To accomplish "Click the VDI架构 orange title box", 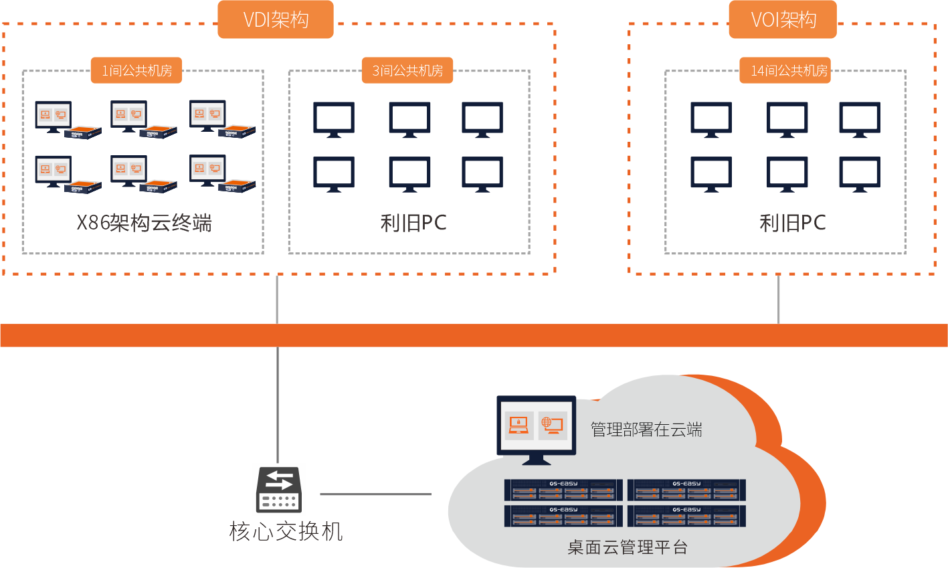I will pyautogui.click(x=276, y=19).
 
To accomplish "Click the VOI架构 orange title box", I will pyautogui.click(x=783, y=19).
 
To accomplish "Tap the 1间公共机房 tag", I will pyautogui.click(x=136, y=70).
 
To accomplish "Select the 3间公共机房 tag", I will pyautogui.click(x=407, y=70).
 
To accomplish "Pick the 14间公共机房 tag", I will pyautogui.click(x=785, y=70).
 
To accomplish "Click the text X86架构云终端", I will pyautogui.click(x=144, y=223).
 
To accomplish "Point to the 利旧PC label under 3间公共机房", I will pyautogui.click(x=413, y=223).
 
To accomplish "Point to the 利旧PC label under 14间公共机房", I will pyautogui.click(x=793, y=223).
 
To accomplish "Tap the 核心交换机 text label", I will pyautogui.click(x=286, y=531).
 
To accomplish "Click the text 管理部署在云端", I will pyautogui.click(x=646, y=430).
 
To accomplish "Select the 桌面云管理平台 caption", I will pyautogui.click(x=628, y=547).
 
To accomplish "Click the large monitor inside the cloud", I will pyautogui.click(x=536, y=428).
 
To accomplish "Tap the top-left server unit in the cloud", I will pyautogui.click(x=563, y=490).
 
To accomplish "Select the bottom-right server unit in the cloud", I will pyautogui.click(x=686, y=516).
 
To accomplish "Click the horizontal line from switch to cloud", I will pyautogui.click(x=376, y=494).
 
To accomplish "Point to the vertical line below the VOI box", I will pyautogui.click(x=779, y=299).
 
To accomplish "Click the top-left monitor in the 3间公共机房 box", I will pyautogui.click(x=334, y=120).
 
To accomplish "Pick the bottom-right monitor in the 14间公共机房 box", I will pyautogui.click(x=860, y=174).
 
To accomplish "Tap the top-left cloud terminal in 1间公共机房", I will pyautogui.click(x=68, y=120).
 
